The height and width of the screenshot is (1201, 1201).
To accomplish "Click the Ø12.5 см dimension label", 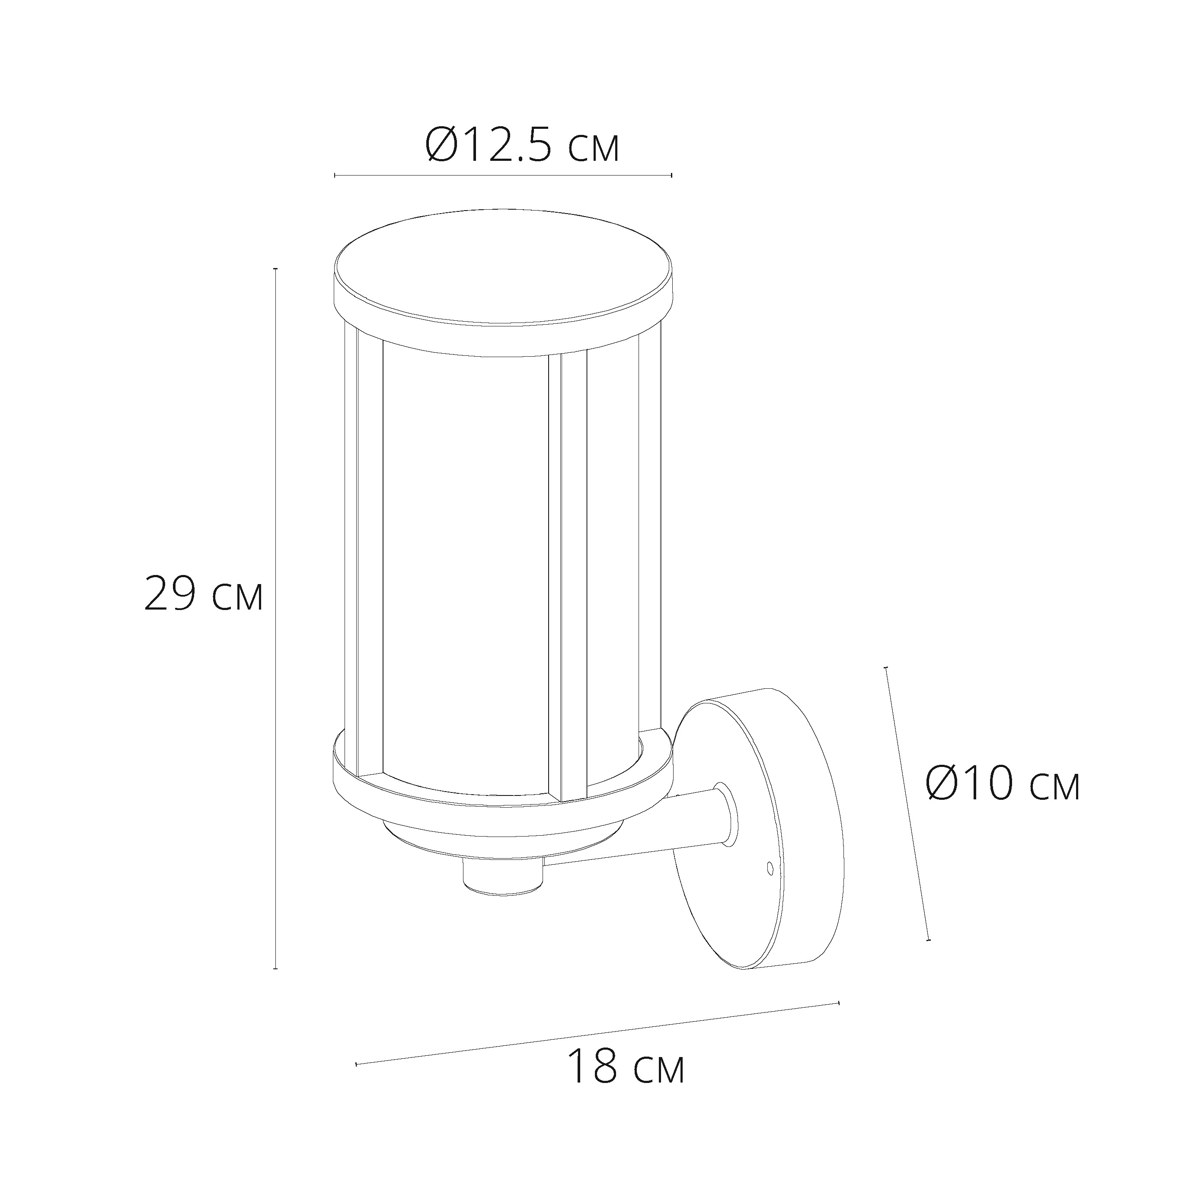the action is [x=522, y=145].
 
